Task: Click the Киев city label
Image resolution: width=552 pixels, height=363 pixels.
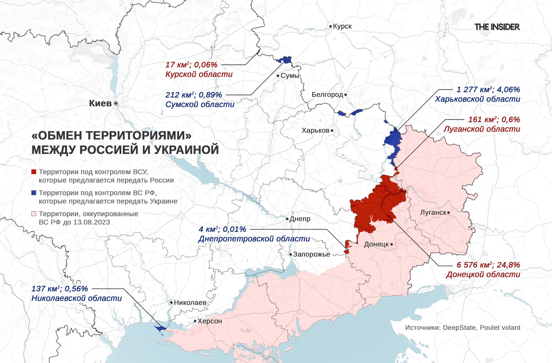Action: coord(100,103)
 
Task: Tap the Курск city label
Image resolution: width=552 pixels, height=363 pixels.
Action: coord(342,26)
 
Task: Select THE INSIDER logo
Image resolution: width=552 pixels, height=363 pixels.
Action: coord(497,27)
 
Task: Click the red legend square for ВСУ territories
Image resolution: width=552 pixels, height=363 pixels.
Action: coord(34,172)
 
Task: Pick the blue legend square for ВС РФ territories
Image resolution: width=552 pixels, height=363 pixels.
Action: coord(34,193)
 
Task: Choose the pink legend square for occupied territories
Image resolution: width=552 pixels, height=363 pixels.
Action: coord(34,214)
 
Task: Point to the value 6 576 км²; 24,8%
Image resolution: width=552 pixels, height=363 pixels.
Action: coord(488,265)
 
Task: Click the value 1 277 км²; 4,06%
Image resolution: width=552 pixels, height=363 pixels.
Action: coord(488,90)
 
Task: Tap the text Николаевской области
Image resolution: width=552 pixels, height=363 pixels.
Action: coord(76,299)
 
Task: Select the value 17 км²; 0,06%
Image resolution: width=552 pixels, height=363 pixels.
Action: coord(191,65)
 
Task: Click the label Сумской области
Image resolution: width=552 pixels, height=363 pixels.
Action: coord(200,105)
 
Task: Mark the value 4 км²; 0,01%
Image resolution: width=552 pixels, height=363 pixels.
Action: coord(222,229)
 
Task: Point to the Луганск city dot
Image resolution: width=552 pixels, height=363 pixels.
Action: coord(448,213)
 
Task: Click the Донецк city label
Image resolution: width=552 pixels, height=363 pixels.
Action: coord(376,244)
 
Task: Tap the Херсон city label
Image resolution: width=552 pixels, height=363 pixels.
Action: coord(209,321)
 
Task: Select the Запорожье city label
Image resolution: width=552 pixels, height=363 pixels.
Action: coord(311,255)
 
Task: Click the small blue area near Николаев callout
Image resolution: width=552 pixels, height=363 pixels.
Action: coord(159,328)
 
